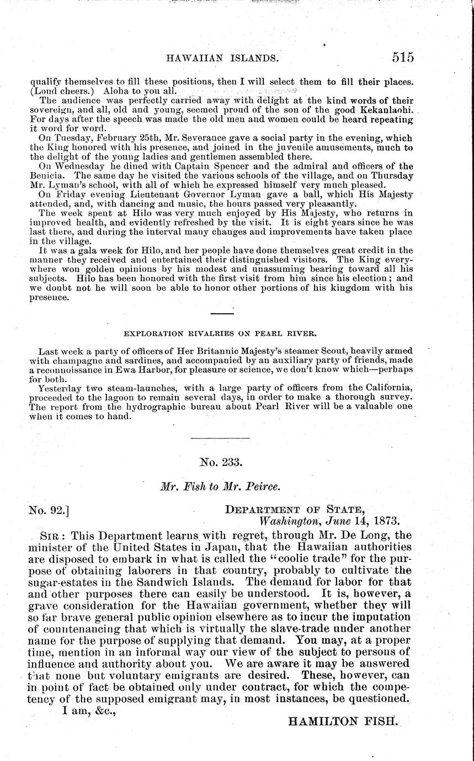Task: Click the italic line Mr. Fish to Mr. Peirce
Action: coord(220,488)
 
